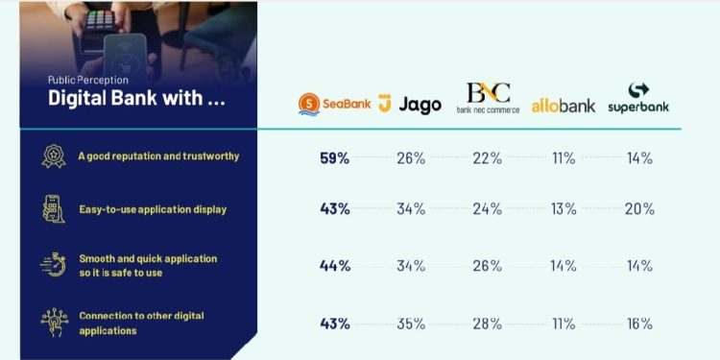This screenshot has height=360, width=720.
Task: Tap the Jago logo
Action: coord(411,104)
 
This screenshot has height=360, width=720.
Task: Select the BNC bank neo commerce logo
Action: coord(488,99)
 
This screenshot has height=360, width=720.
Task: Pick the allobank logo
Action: coord(564,105)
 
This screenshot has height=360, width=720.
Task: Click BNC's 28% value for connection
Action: coord(488,324)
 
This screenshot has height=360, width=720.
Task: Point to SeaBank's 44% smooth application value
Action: coord(334,266)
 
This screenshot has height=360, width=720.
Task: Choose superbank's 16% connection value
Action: coord(638,324)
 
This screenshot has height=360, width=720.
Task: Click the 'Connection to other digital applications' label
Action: coord(141,323)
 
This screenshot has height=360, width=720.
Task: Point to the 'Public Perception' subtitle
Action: coord(88,81)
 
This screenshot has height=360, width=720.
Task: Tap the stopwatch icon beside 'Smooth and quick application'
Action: coord(54,265)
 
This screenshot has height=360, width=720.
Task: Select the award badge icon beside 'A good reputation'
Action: coord(54,156)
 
